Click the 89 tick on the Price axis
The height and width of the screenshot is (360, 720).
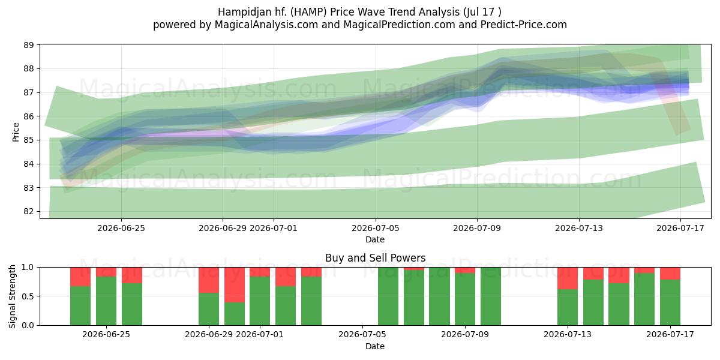tap(29, 45)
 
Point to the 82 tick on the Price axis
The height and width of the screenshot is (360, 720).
tap(29, 211)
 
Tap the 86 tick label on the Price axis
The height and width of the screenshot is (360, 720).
tap(29, 116)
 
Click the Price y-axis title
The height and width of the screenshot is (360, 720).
tap(16, 132)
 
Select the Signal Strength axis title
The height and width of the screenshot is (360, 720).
tap(12, 296)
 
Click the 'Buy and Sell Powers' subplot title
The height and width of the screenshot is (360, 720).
tap(375, 258)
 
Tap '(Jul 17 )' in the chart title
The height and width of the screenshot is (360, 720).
tap(482, 12)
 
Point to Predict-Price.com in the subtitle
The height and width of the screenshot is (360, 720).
tap(524, 25)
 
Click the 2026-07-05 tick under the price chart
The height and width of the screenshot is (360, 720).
tap(376, 228)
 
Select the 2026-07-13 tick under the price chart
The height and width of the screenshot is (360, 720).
tap(579, 228)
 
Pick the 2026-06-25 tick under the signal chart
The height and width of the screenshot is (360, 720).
tap(106, 334)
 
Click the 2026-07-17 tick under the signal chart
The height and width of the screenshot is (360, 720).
tap(670, 334)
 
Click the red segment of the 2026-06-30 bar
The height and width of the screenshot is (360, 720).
tap(235, 285)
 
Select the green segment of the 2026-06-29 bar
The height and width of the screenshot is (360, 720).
tap(209, 309)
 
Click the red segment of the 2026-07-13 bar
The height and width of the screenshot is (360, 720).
tap(568, 278)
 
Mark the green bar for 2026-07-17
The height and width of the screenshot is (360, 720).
tap(670, 302)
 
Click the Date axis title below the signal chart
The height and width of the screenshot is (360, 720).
tap(375, 346)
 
